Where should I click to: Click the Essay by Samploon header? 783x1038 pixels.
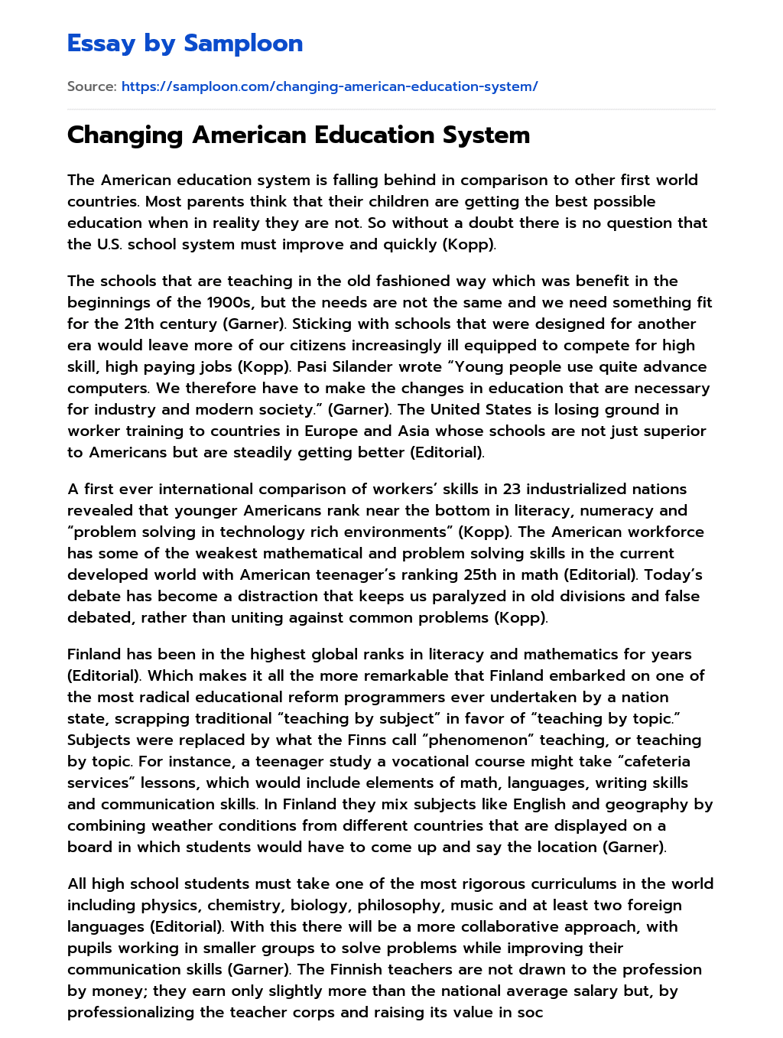click(184, 44)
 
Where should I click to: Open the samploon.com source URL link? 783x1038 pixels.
click(330, 86)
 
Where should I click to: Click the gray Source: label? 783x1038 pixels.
click(92, 86)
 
